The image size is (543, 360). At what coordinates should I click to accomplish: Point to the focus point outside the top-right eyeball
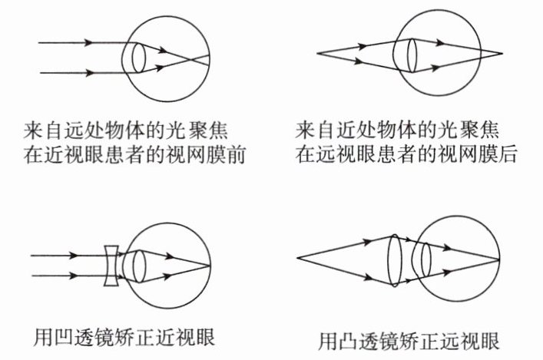503,54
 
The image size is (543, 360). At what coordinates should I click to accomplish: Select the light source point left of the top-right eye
317,53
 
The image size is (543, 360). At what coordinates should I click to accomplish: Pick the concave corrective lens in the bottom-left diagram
111,264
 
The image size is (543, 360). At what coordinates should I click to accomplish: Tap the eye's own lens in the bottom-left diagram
138,265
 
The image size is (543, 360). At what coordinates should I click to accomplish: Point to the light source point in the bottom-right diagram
297,253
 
